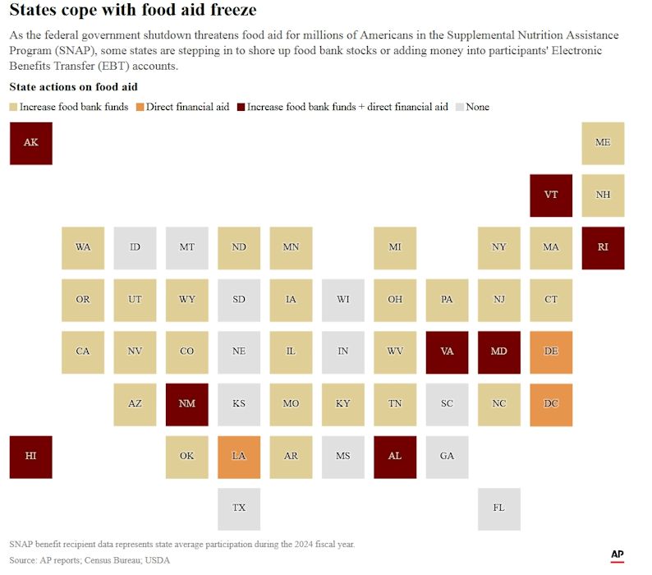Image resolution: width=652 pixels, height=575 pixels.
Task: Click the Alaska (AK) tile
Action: [30, 143]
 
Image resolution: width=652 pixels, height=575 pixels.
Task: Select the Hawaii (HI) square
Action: [30, 457]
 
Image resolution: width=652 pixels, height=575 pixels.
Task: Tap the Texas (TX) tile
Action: [239, 508]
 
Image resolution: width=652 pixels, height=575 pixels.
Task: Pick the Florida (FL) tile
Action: [499, 508]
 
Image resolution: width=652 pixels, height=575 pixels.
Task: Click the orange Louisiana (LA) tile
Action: [239, 457]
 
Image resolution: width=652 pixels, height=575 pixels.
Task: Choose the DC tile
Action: [551, 404]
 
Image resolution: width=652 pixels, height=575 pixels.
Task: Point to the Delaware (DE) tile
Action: [551, 352]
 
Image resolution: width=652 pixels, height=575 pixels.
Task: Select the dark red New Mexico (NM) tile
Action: [187, 404]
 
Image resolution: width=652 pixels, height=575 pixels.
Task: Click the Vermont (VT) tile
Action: [551, 195]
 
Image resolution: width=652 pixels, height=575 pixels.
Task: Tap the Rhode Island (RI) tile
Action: [603, 247]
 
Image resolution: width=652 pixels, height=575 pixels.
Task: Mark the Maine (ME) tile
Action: [603, 143]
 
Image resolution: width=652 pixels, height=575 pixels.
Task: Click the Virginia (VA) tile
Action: [447, 352]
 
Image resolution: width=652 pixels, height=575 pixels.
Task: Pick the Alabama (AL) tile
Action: [395, 457]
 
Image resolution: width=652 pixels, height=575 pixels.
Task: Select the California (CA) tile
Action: [83, 352]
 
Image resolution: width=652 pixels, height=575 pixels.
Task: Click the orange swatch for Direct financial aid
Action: [140, 108]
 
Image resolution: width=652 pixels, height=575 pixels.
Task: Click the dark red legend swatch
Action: [241, 108]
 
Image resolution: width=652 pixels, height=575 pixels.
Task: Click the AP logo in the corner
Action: [617, 556]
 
